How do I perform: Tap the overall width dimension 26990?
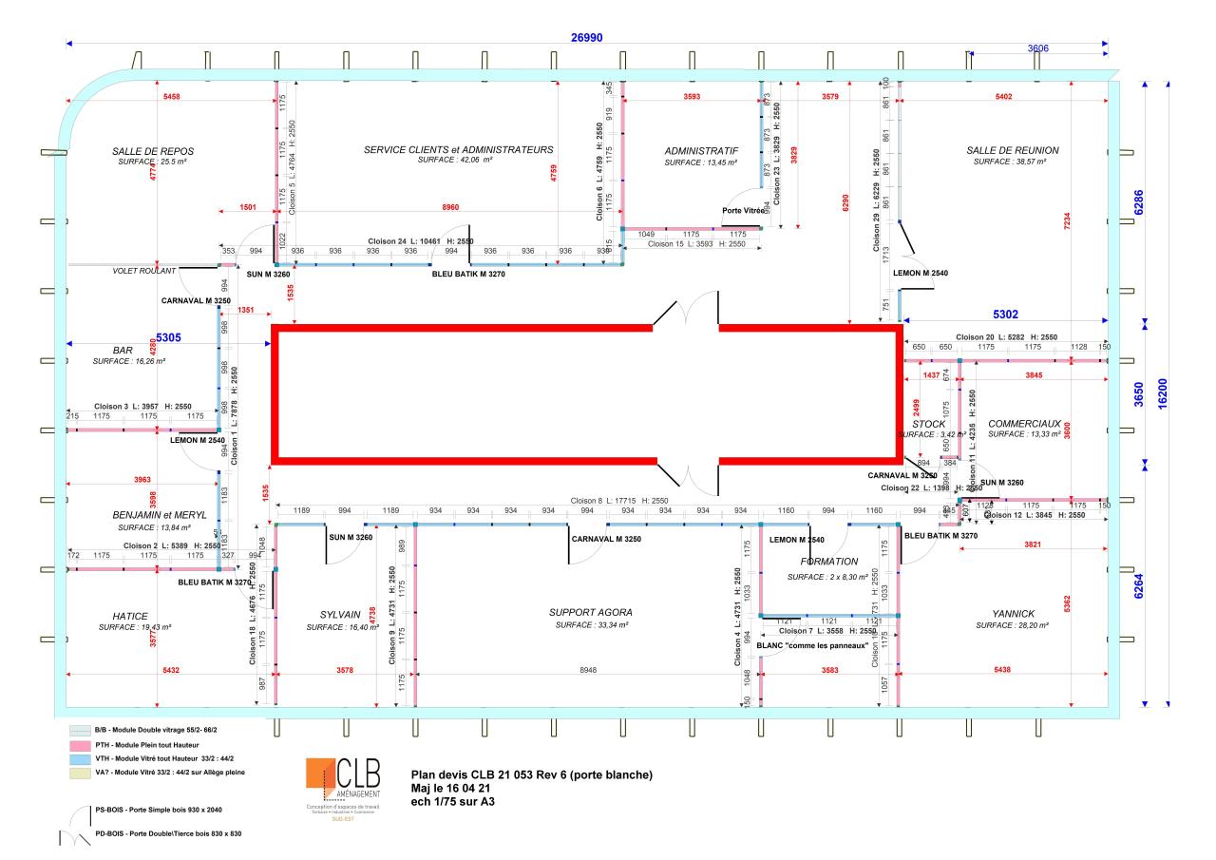point(586,37)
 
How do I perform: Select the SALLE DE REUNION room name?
point(1012,150)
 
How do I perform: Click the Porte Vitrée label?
point(744,210)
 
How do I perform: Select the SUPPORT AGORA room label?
point(590,613)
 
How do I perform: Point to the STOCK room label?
point(928,424)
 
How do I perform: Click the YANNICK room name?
point(1011,614)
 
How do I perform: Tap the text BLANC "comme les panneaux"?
point(814,646)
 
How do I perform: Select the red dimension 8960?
point(444,206)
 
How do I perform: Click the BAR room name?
point(123,350)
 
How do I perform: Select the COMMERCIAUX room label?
point(1024,423)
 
